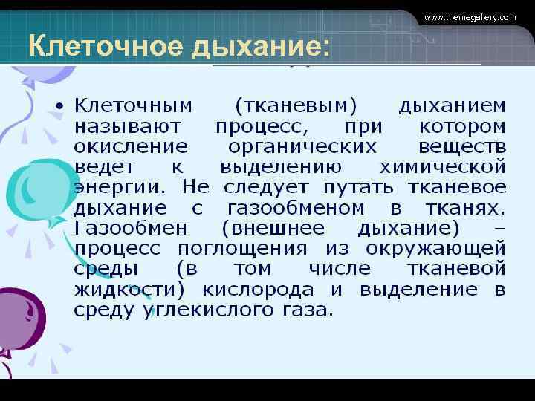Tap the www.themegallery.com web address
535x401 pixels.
[469, 17]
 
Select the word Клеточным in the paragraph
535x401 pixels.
[133, 106]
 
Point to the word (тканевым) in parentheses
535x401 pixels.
[295, 106]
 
